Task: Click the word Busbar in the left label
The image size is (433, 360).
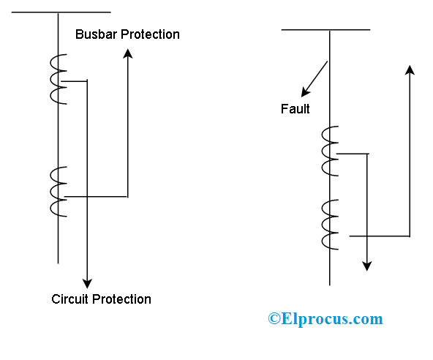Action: (x=94, y=34)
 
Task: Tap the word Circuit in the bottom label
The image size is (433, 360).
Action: (x=70, y=299)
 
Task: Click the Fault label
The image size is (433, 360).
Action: (x=295, y=109)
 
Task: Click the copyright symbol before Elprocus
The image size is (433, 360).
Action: (x=274, y=319)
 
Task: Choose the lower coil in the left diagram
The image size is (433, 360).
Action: (x=56, y=192)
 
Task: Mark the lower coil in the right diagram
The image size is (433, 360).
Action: (x=329, y=225)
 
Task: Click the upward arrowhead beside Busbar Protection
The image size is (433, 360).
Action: (x=128, y=53)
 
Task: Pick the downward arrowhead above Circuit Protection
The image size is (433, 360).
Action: (x=87, y=282)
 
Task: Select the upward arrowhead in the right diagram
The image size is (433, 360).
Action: (x=410, y=70)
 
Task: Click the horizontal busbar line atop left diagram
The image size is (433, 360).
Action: (x=62, y=12)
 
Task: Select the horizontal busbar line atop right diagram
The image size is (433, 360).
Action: (x=325, y=30)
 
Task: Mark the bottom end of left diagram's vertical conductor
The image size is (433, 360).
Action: (x=58, y=261)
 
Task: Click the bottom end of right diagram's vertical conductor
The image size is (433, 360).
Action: (x=330, y=283)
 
